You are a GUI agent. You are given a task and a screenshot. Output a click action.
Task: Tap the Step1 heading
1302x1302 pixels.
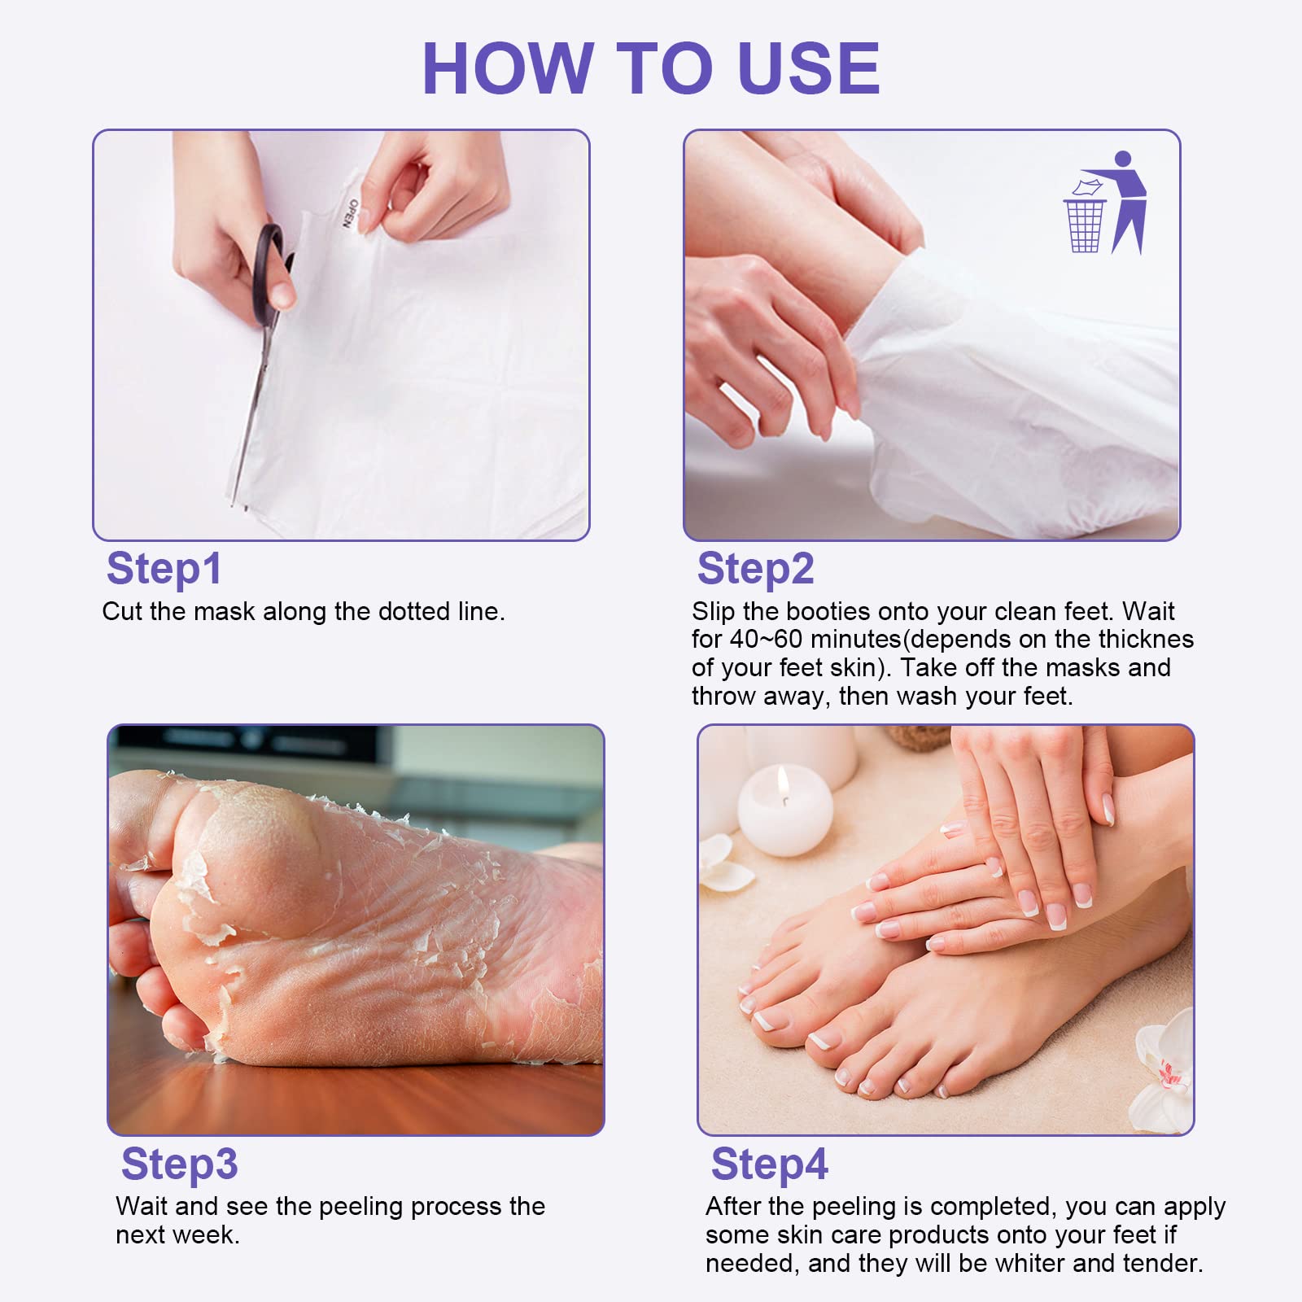tap(164, 569)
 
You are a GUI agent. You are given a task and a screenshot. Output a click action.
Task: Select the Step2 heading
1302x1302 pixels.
tap(755, 569)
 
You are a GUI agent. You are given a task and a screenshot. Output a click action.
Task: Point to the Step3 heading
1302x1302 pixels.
tap(179, 1164)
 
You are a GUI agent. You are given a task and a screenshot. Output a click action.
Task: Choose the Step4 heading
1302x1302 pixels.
tap(769, 1164)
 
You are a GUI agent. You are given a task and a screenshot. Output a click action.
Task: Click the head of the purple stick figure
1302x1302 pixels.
tap(1123, 159)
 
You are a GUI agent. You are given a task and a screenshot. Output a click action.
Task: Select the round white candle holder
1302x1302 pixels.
tap(784, 814)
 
